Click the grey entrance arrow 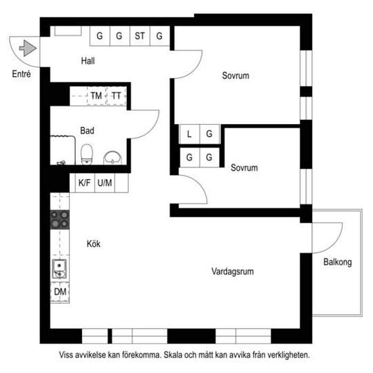click(x=28, y=48)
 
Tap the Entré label click(x=22, y=74)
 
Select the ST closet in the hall click(x=140, y=36)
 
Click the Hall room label click(x=87, y=61)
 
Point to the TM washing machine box click(x=97, y=96)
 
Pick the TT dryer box click(x=117, y=96)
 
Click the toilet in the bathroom click(x=87, y=154)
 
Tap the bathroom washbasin click(x=113, y=158)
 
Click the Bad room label click(x=87, y=131)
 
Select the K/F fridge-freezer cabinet click(x=85, y=182)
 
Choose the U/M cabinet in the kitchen click(x=104, y=182)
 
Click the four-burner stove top click(x=60, y=220)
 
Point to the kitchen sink click(x=60, y=269)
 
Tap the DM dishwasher click(x=60, y=292)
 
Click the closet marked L click(x=190, y=134)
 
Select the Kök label click(x=94, y=244)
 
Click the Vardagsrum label click(x=233, y=271)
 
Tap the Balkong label click(x=338, y=262)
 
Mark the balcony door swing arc click(x=336, y=244)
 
